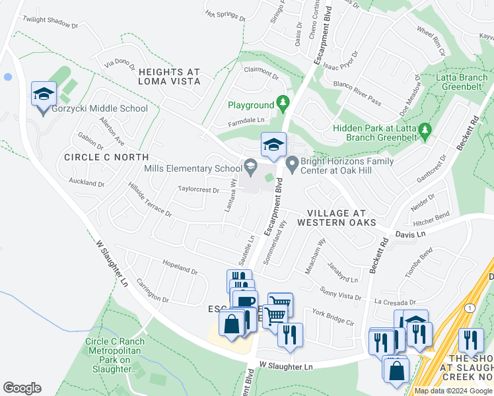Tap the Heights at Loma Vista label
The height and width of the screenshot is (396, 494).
[169, 76]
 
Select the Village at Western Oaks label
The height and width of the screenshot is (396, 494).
[336, 217]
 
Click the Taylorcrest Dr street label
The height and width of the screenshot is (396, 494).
[198, 190]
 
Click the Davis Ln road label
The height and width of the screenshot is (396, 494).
[409, 234]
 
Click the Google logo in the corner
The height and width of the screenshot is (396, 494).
[22, 388]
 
